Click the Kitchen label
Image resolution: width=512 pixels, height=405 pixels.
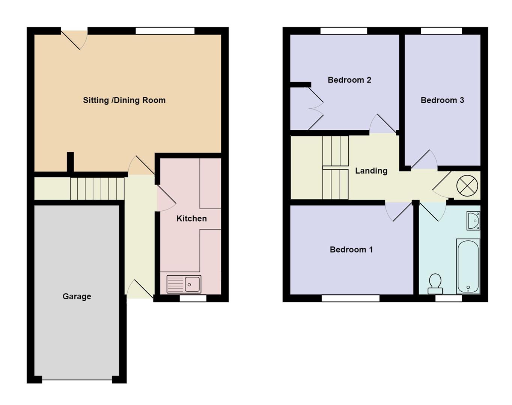coord(191,218)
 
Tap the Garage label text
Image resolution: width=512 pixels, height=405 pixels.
coord(77,296)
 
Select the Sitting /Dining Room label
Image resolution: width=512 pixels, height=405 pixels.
coord(124,100)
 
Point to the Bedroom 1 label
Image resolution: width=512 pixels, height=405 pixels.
coord(351,249)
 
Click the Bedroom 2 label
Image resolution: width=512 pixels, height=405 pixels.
coord(349,80)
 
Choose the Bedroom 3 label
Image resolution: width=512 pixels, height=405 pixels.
coord(442,100)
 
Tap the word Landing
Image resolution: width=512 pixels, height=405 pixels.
coord(371,171)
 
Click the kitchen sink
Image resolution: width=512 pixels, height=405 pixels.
coord(184,284)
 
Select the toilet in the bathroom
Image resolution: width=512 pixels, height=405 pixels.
coord(435,284)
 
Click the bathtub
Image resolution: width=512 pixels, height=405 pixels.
coord(468,266)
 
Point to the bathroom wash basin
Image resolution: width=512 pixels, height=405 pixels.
coord(473,221)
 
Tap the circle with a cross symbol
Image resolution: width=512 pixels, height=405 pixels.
coord(467,186)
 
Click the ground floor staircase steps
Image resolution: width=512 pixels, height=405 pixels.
coord(97,189)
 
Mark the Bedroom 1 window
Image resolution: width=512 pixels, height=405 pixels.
coord(351,298)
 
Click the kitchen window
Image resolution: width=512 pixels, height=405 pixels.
coord(193,298)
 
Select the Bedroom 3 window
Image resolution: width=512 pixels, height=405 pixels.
coord(441,31)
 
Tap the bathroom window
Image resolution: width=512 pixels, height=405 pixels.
coord(449,298)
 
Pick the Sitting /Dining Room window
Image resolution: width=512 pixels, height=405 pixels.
coord(165,31)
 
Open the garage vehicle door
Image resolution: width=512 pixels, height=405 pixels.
coord(77,380)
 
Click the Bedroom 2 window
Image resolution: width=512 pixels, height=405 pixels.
coord(344,31)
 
